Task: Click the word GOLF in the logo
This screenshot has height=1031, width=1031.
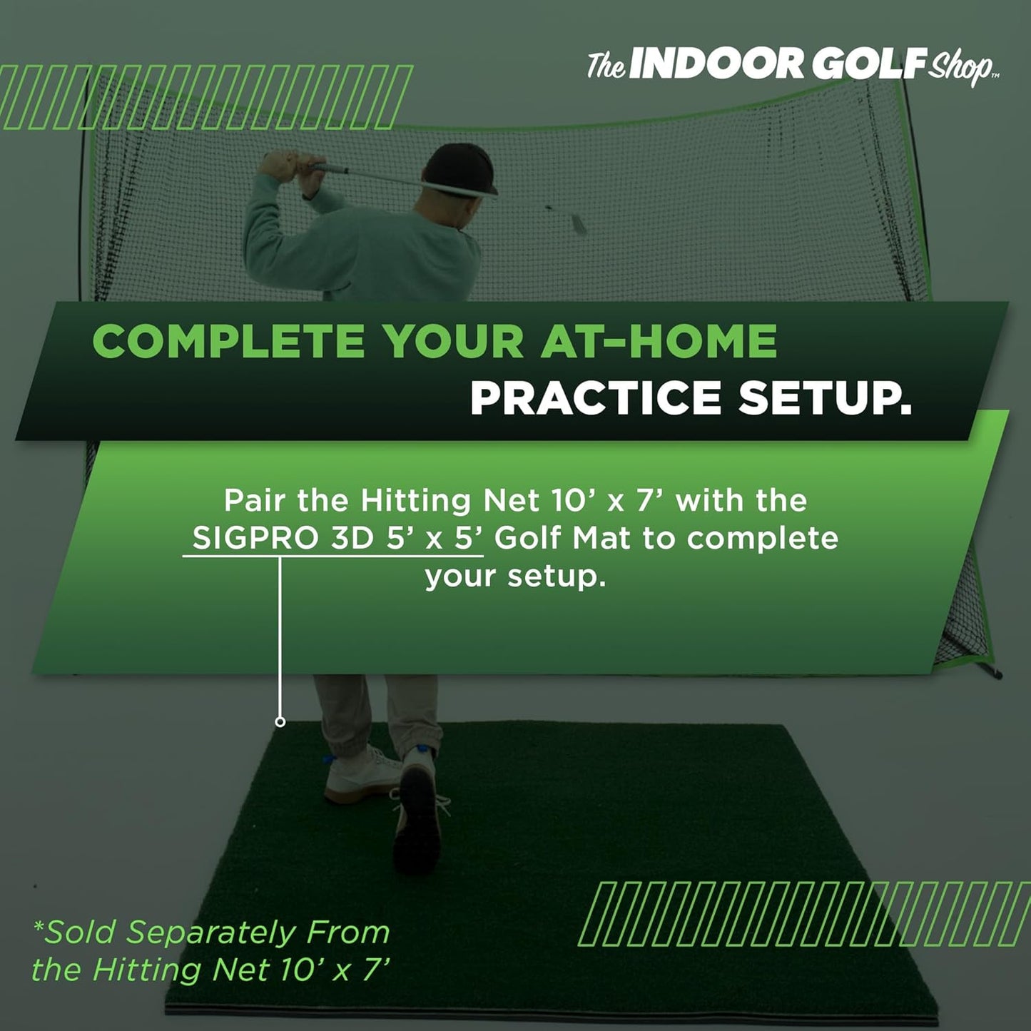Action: (869, 65)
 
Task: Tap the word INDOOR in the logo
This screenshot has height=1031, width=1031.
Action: (716, 65)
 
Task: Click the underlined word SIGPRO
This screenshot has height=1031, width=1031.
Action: (255, 538)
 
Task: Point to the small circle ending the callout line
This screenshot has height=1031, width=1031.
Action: (280, 722)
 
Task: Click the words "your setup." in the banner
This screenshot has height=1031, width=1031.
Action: (515, 576)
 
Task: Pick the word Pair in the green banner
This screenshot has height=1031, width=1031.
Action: (255, 500)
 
